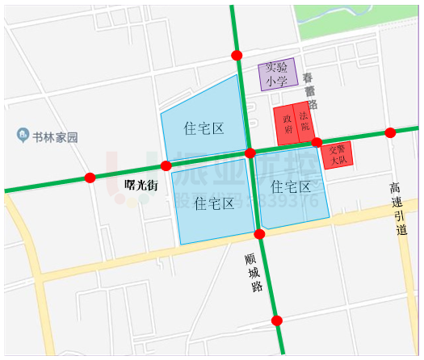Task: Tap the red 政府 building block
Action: [x=286, y=125]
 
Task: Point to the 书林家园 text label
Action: [x=56, y=137]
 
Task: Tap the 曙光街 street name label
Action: [x=141, y=185]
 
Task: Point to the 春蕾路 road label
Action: [x=312, y=90]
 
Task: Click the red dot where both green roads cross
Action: [x=250, y=153]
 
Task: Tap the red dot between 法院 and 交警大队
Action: [x=317, y=143]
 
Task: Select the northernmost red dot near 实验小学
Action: [x=237, y=55]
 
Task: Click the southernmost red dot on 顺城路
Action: [x=277, y=320]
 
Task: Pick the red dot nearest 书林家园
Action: [x=90, y=178]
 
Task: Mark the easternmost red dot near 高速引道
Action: [x=390, y=132]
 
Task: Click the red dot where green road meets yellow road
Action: [x=259, y=234]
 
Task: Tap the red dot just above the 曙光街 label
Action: [x=166, y=165]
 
